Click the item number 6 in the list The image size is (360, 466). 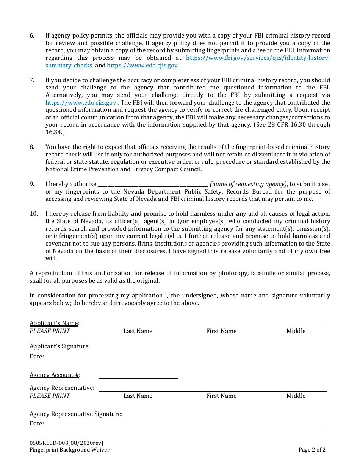[x=32, y=36]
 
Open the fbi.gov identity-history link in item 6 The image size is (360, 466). [x=258, y=58]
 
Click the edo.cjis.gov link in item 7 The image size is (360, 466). [x=81, y=103]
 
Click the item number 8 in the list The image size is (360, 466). [x=32, y=147]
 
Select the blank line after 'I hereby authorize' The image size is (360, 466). [x=153, y=185]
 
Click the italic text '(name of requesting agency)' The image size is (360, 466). [x=248, y=184]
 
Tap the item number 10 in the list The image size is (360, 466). [x=34, y=214]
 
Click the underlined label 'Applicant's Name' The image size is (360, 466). [x=54, y=323]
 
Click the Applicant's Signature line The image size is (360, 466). [x=212, y=347]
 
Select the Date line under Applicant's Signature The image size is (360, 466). [x=212, y=358]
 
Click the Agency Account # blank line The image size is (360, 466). [x=138, y=376]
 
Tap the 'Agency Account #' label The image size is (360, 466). [x=54, y=375]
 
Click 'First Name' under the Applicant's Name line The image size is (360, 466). [x=221, y=331]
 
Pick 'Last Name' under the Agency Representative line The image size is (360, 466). [x=138, y=396]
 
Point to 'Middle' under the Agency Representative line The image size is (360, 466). [x=296, y=396]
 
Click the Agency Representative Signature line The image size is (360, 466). [x=227, y=415]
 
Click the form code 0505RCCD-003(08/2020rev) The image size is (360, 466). [x=66, y=443]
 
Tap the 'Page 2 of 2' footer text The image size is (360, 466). [x=312, y=450]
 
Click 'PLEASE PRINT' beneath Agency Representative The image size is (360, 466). [x=50, y=396]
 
